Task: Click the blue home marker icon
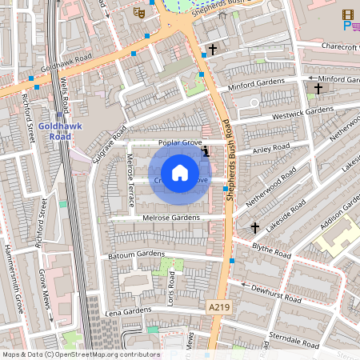click(180, 173)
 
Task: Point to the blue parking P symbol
click(346, 26)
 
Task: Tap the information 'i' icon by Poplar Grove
click(206, 150)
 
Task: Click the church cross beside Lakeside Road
click(255, 228)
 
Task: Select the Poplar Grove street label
click(180, 142)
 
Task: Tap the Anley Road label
click(270, 148)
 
